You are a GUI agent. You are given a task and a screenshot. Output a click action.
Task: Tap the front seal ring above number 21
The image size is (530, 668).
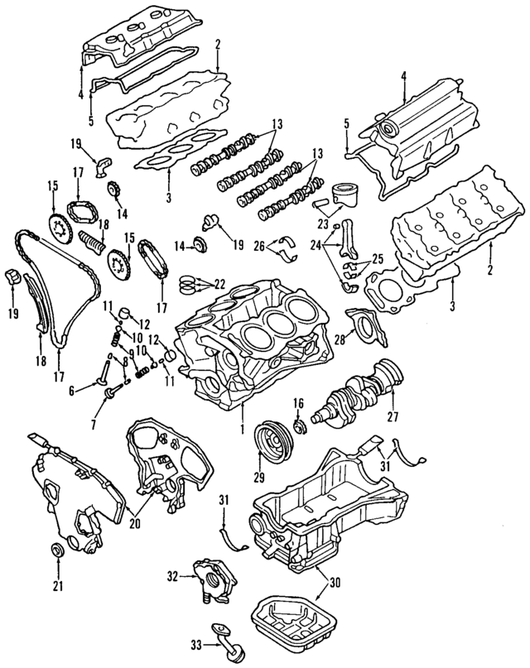(58, 551)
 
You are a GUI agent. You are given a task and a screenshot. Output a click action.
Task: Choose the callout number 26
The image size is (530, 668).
(259, 245)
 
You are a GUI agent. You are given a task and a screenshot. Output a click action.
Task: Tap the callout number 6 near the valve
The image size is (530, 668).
(72, 389)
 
